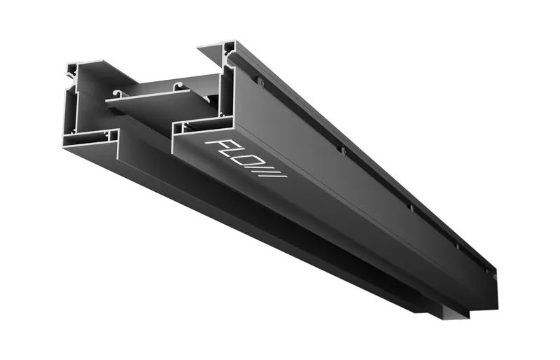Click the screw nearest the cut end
click(261, 83)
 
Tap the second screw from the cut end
click(342, 150)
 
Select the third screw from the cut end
click(411, 207)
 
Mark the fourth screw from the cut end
click(456, 246)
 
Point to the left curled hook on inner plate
click(117, 94)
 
